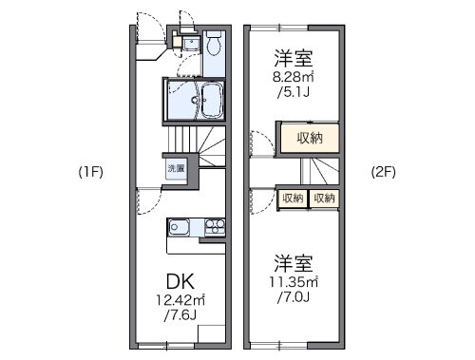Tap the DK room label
[180, 282]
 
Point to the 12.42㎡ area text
[180, 300]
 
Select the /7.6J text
[180, 315]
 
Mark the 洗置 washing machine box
[177, 169]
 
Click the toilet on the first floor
[213, 44]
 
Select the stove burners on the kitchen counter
[213, 228]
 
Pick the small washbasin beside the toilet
[189, 43]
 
